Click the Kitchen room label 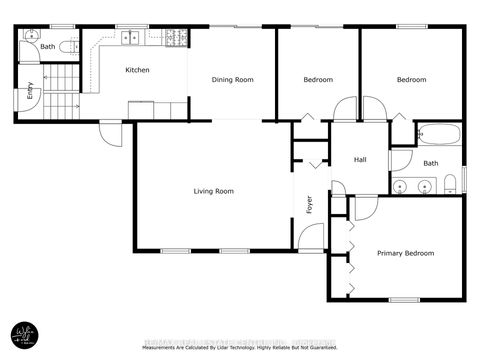pyautogui.click(x=137, y=70)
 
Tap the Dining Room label pyautogui.click(x=230, y=79)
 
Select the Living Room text pyautogui.click(x=214, y=191)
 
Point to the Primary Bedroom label pyautogui.click(x=405, y=253)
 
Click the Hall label pyautogui.click(x=362, y=160)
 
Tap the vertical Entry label pyautogui.click(x=30, y=91)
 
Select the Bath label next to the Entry pyautogui.click(x=47, y=46)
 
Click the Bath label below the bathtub pyautogui.click(x=430, y=163)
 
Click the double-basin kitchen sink pyautogui.click(x=130, y=39)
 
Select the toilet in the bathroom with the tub pyautogui.click(x=452, y=181)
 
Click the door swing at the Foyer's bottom pyautogui.click(x=312, y=237)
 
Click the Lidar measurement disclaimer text pyautogui.click(x=240, y=348)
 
